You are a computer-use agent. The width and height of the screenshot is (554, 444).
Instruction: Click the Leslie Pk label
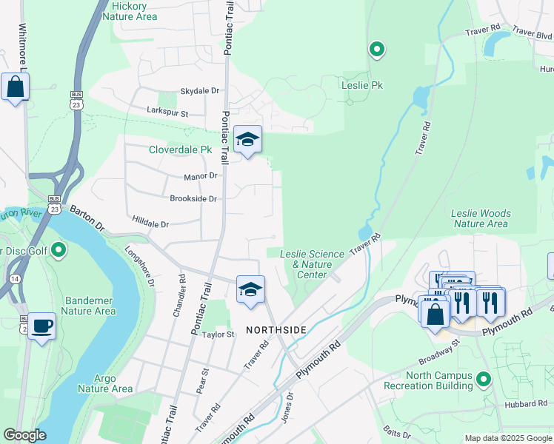361,85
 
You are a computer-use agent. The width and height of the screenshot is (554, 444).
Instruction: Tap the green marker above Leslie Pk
377,50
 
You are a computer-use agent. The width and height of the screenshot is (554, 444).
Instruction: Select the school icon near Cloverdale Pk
247,139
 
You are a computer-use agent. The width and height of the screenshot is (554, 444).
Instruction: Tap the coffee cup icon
41,326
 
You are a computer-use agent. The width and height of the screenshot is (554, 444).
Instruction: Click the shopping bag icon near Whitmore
15,87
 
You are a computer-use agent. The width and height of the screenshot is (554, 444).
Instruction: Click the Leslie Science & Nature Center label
312,264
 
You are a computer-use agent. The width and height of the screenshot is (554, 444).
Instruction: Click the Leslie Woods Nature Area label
481,218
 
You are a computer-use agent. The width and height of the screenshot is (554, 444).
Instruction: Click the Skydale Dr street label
200,91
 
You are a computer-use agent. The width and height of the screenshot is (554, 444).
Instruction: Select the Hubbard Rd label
527,404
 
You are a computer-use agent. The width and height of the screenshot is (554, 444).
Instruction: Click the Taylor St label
218,334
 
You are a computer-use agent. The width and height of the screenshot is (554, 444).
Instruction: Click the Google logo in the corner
24,435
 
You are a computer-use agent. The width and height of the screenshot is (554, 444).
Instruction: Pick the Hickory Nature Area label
134,10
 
